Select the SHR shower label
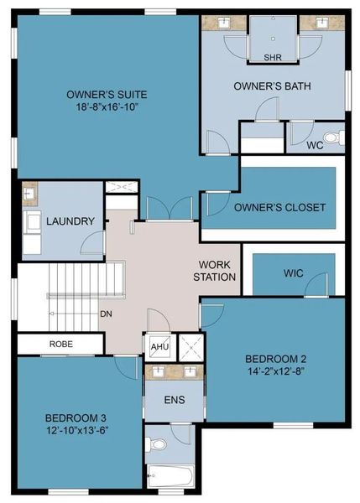point(272,58)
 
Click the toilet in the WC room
point(331,137)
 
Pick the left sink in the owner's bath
point(226,23)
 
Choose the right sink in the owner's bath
point(320,23)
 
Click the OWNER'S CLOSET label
point(279,207)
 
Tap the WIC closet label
point(293,272)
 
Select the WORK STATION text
point(216,270)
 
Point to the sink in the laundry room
point(30,194)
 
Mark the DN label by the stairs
point(107,314)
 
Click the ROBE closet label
point(60,344)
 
